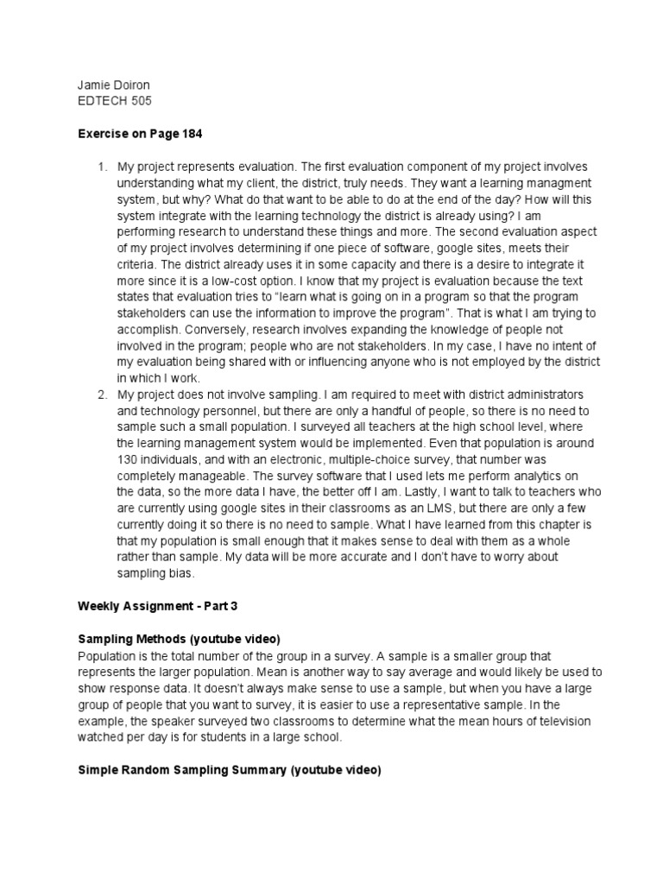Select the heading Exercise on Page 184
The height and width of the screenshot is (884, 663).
(141, 134)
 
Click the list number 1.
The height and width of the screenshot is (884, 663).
(100, 166)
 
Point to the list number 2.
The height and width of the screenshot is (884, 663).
(100, 395)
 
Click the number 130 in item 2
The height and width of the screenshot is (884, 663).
(128, 460)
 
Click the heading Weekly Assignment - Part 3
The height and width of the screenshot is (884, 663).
(157, 606)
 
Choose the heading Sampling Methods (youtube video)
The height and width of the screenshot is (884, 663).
(179, 639)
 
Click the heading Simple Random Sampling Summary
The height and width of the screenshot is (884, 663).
(182, 770)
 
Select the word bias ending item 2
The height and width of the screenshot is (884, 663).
(183, 573)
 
